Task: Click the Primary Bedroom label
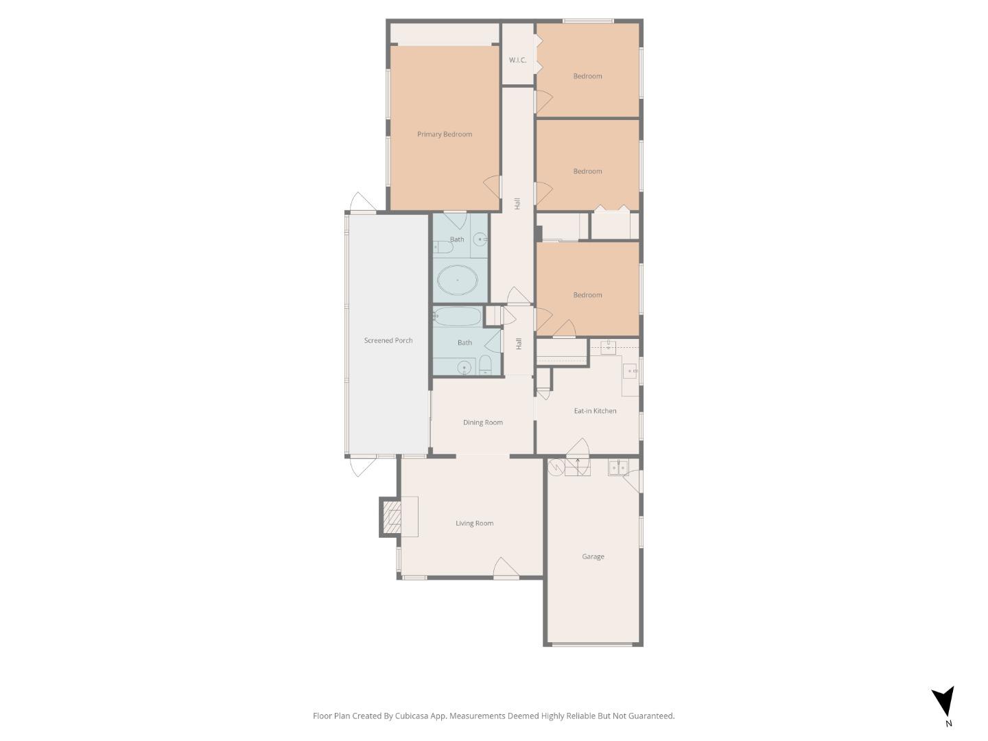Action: (445, 134)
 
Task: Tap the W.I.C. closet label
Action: (517, 60)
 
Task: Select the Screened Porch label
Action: (388, 340)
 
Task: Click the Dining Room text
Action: (483, 423)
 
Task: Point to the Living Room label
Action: (475, 524)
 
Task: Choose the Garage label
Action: (593, 556)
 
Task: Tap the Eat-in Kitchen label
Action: (595, 411)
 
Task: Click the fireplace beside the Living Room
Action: (391, 517)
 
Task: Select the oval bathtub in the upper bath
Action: (458, 280)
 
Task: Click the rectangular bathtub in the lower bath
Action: (458, 316)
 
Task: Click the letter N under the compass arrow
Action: (949, 723)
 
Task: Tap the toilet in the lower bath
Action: (485, 364)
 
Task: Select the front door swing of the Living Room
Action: (505, 568)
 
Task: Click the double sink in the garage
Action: (618, 468)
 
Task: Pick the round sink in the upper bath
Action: (481, 239)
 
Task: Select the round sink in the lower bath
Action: (464, 368)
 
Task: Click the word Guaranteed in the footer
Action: (652, 716)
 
